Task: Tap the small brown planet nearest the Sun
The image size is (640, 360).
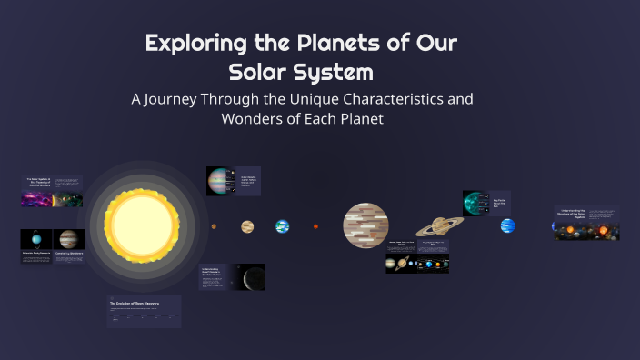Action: [x=214, y=226]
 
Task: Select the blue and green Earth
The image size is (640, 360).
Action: [x=283, y=226]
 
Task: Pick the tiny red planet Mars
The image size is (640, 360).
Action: [x=315, y=226]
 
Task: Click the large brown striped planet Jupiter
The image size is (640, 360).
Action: [x=365, y=225]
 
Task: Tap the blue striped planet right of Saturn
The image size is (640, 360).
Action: [x=507, y=225]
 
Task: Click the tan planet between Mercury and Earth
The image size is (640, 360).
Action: [x=247, y=226]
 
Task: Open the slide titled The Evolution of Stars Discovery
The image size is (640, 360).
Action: [x=145, y=311]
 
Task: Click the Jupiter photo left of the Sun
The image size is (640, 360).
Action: [x=69, y=239]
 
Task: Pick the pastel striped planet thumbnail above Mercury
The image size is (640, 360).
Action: [x=220, y=180]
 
